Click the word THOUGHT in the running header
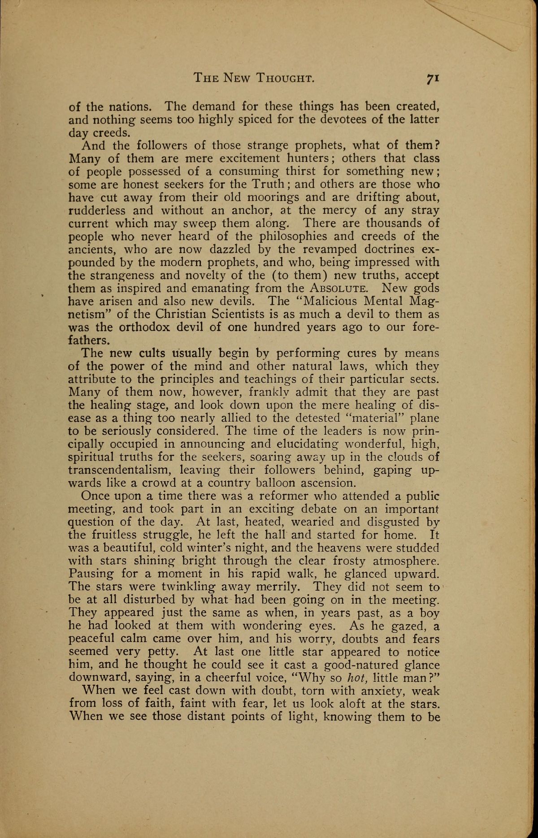point(284,78)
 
